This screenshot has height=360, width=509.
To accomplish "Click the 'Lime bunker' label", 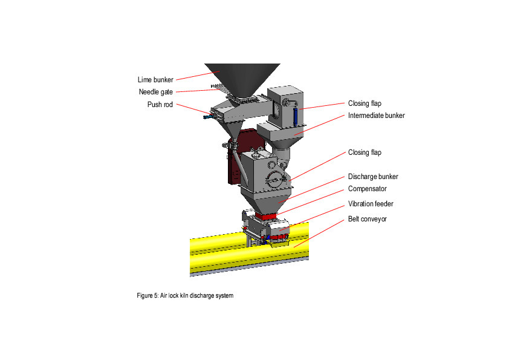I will point(155,79).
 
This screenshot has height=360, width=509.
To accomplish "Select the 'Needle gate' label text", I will point(156,92).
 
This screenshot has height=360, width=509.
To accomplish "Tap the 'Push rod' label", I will point(160,104).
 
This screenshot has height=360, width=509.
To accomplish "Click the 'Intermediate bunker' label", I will point(376,116).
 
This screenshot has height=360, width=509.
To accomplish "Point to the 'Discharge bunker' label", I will point(373,177).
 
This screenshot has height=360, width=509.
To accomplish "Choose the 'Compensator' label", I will point(367,189).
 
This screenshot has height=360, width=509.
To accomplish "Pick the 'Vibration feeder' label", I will point(371,204).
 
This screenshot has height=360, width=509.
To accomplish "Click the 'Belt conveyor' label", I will point(367,218).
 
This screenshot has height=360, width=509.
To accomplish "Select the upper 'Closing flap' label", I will point(365,103).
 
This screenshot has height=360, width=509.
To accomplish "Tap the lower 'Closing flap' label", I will point(365,152).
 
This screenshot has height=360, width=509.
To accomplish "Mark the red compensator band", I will point(266,215).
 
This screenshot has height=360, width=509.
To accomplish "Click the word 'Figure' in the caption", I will point(145,296).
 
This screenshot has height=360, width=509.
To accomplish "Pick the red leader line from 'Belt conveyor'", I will point(320,232).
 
